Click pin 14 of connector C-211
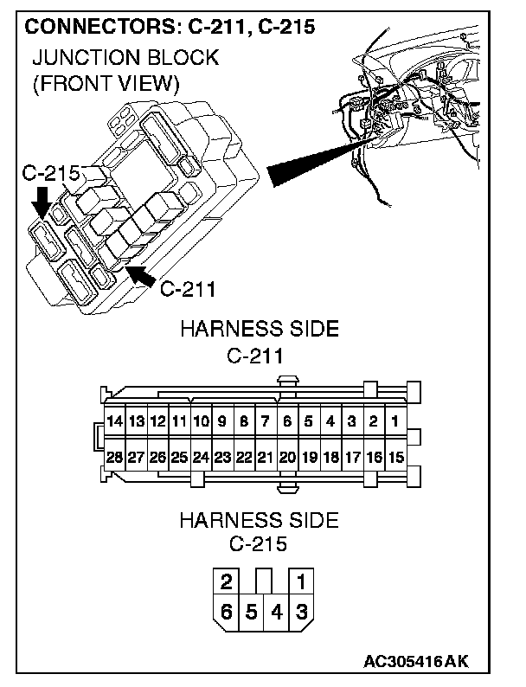(x=114, y=422)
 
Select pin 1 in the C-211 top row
(x=394, y=422)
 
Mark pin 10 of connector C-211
(x=201, y=422)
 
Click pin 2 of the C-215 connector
(x=226, y=581)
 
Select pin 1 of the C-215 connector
(x=302, y=581)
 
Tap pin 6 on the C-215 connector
(x=226, y=612)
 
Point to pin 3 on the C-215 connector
(x=302, y=612)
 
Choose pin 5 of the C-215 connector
(x=252, y=612)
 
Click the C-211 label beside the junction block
(x=189, y=288)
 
